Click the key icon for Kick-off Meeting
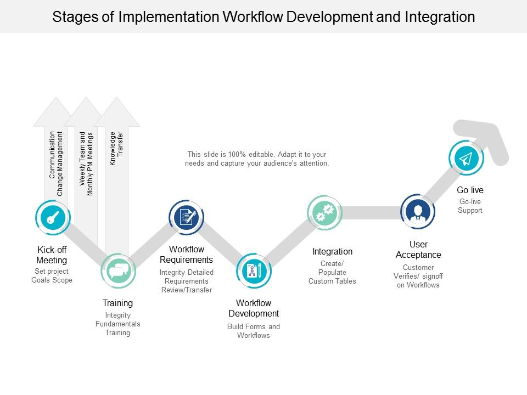[53, 218]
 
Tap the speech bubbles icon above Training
[118, 271]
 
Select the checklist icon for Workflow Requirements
[186, 217]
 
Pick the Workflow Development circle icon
[254, 271]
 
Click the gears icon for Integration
[324, 213]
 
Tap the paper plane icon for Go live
[466, 159]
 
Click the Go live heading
[470, 190]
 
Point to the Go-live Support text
[470, 206]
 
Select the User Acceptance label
[418, 250]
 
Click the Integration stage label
[332, 251]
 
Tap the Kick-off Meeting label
[52, 255]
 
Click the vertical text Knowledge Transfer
[116, 148]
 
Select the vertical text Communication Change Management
[56, 163]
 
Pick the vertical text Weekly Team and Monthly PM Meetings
[86, 163]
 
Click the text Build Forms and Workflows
[254, 331]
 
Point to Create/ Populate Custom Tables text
[332, 273]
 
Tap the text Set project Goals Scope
[52, 276]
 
